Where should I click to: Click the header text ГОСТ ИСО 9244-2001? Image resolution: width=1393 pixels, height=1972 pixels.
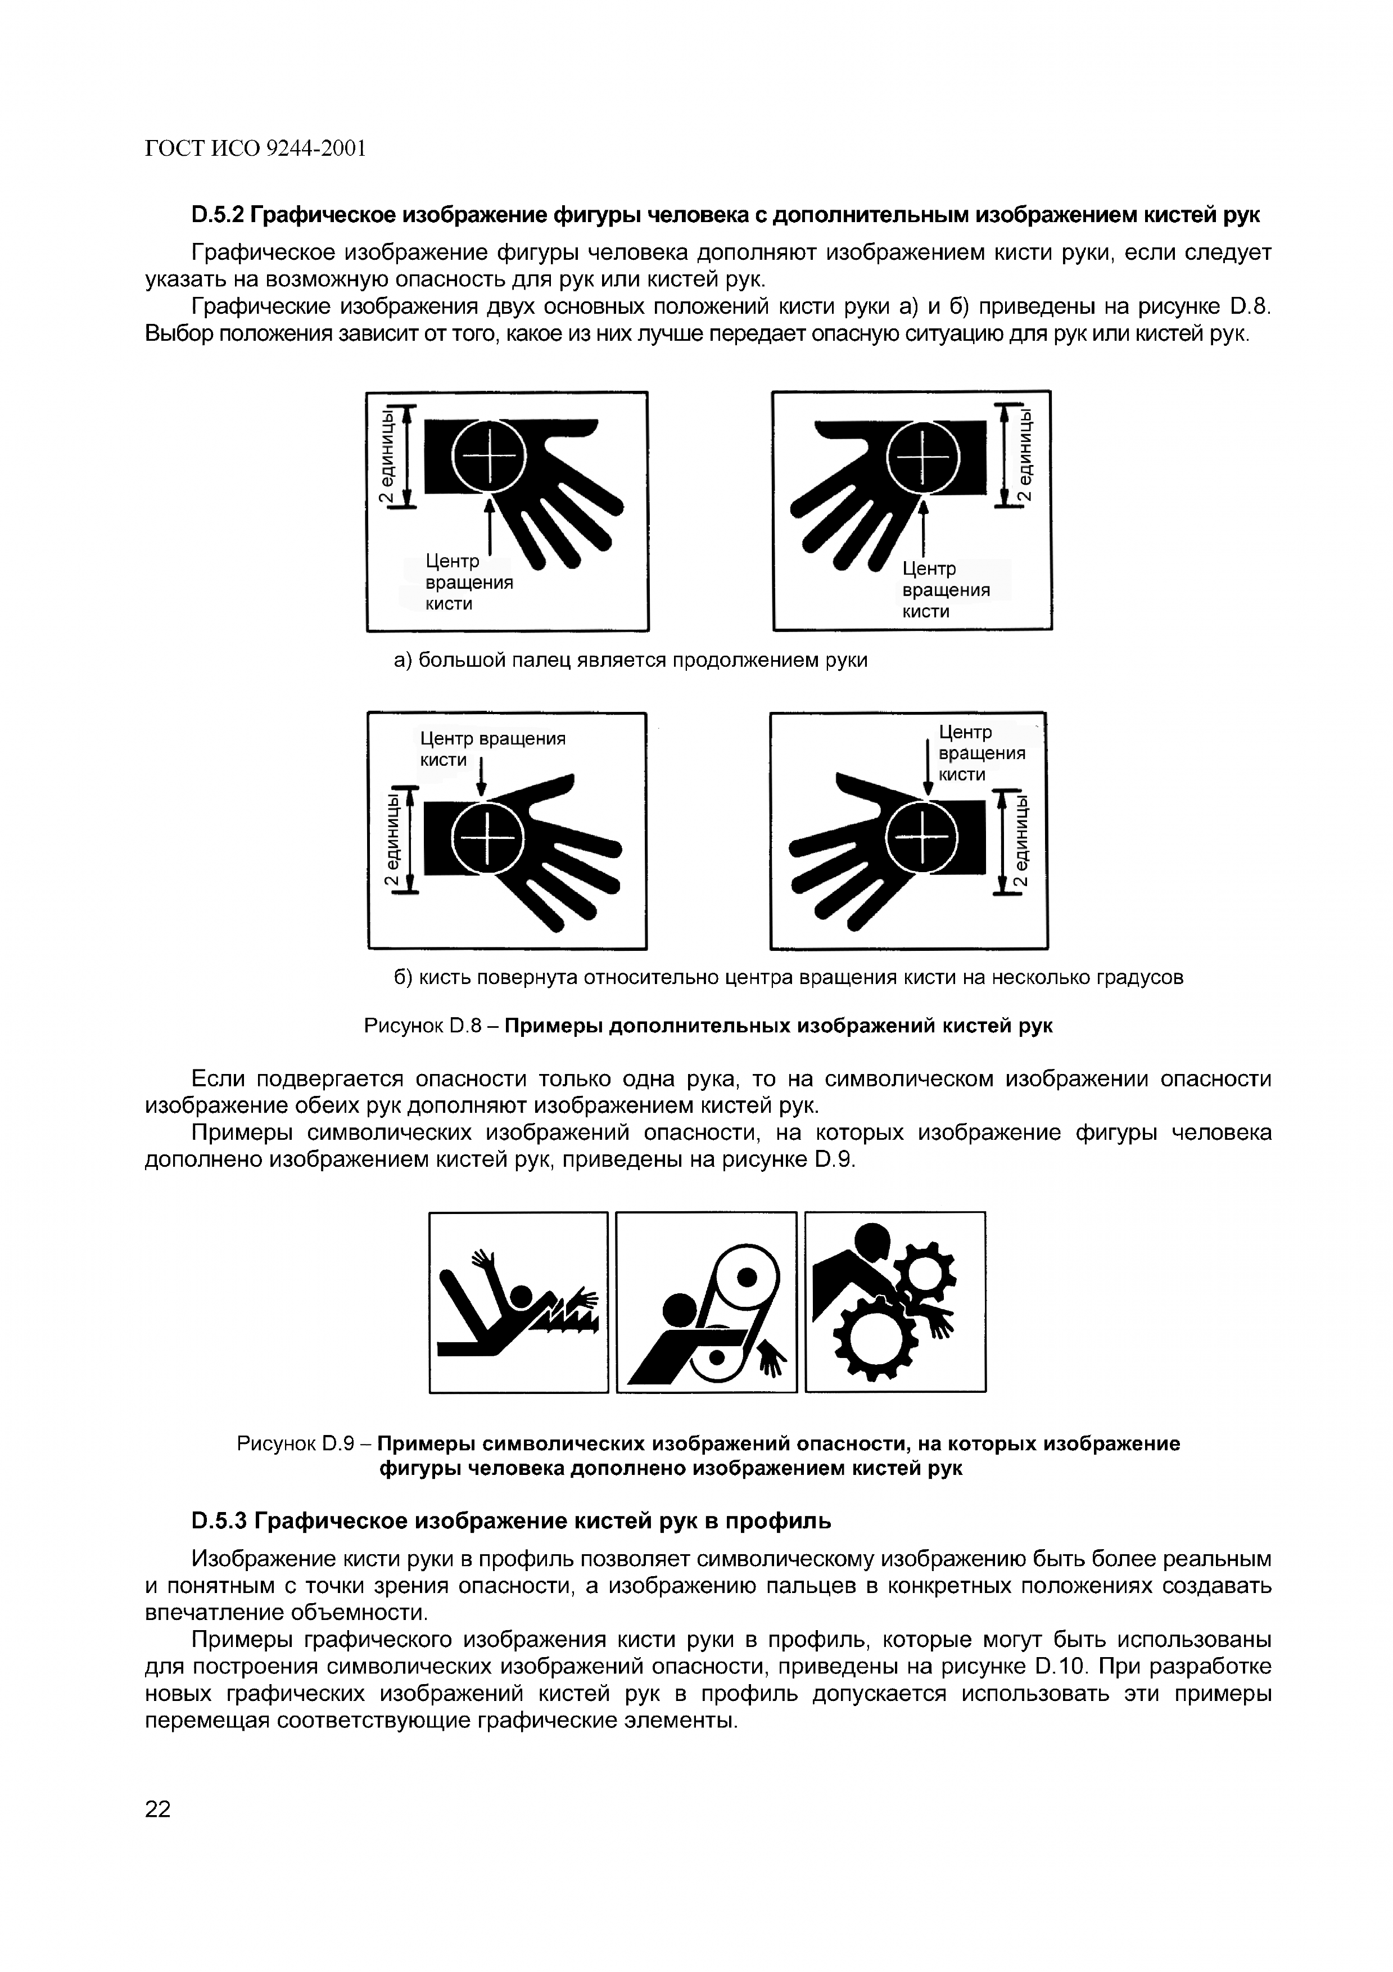click(255, 150)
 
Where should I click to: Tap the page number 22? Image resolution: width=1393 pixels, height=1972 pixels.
click(158, 1809)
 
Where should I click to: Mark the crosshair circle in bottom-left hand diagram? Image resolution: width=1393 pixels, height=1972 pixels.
click(487, 837)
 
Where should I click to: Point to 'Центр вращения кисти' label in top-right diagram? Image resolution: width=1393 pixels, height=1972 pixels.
click(945, 590)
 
